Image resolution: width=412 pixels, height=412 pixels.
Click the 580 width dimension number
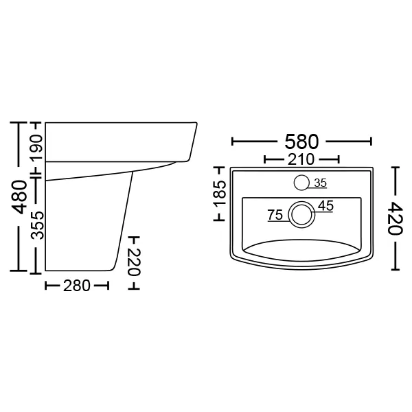pyautogui.click(x=301, y=141)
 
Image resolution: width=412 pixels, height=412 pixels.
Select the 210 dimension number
pyautogui.click(x=301, y=159)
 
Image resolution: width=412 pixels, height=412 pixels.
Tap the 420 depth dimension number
pyautogui.click(x=396, y=218)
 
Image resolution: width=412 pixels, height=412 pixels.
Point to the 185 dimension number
pyautogui.click(x=220, y=193)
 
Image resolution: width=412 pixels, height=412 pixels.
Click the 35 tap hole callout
pyautogui.click(x=320, y=183)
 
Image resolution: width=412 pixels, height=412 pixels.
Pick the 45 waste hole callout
pyautogui.click(x=325, y=205)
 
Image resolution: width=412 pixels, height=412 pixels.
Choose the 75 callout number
pyautogui.click(x=275, y=215)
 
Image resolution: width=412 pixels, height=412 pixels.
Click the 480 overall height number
pyautogui.click(x=20, y=196)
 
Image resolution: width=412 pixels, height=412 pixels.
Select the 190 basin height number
pyautogui.click(x=36, y=148)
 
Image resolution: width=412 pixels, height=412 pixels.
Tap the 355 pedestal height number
pyautogui.click(x=37, y=225)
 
